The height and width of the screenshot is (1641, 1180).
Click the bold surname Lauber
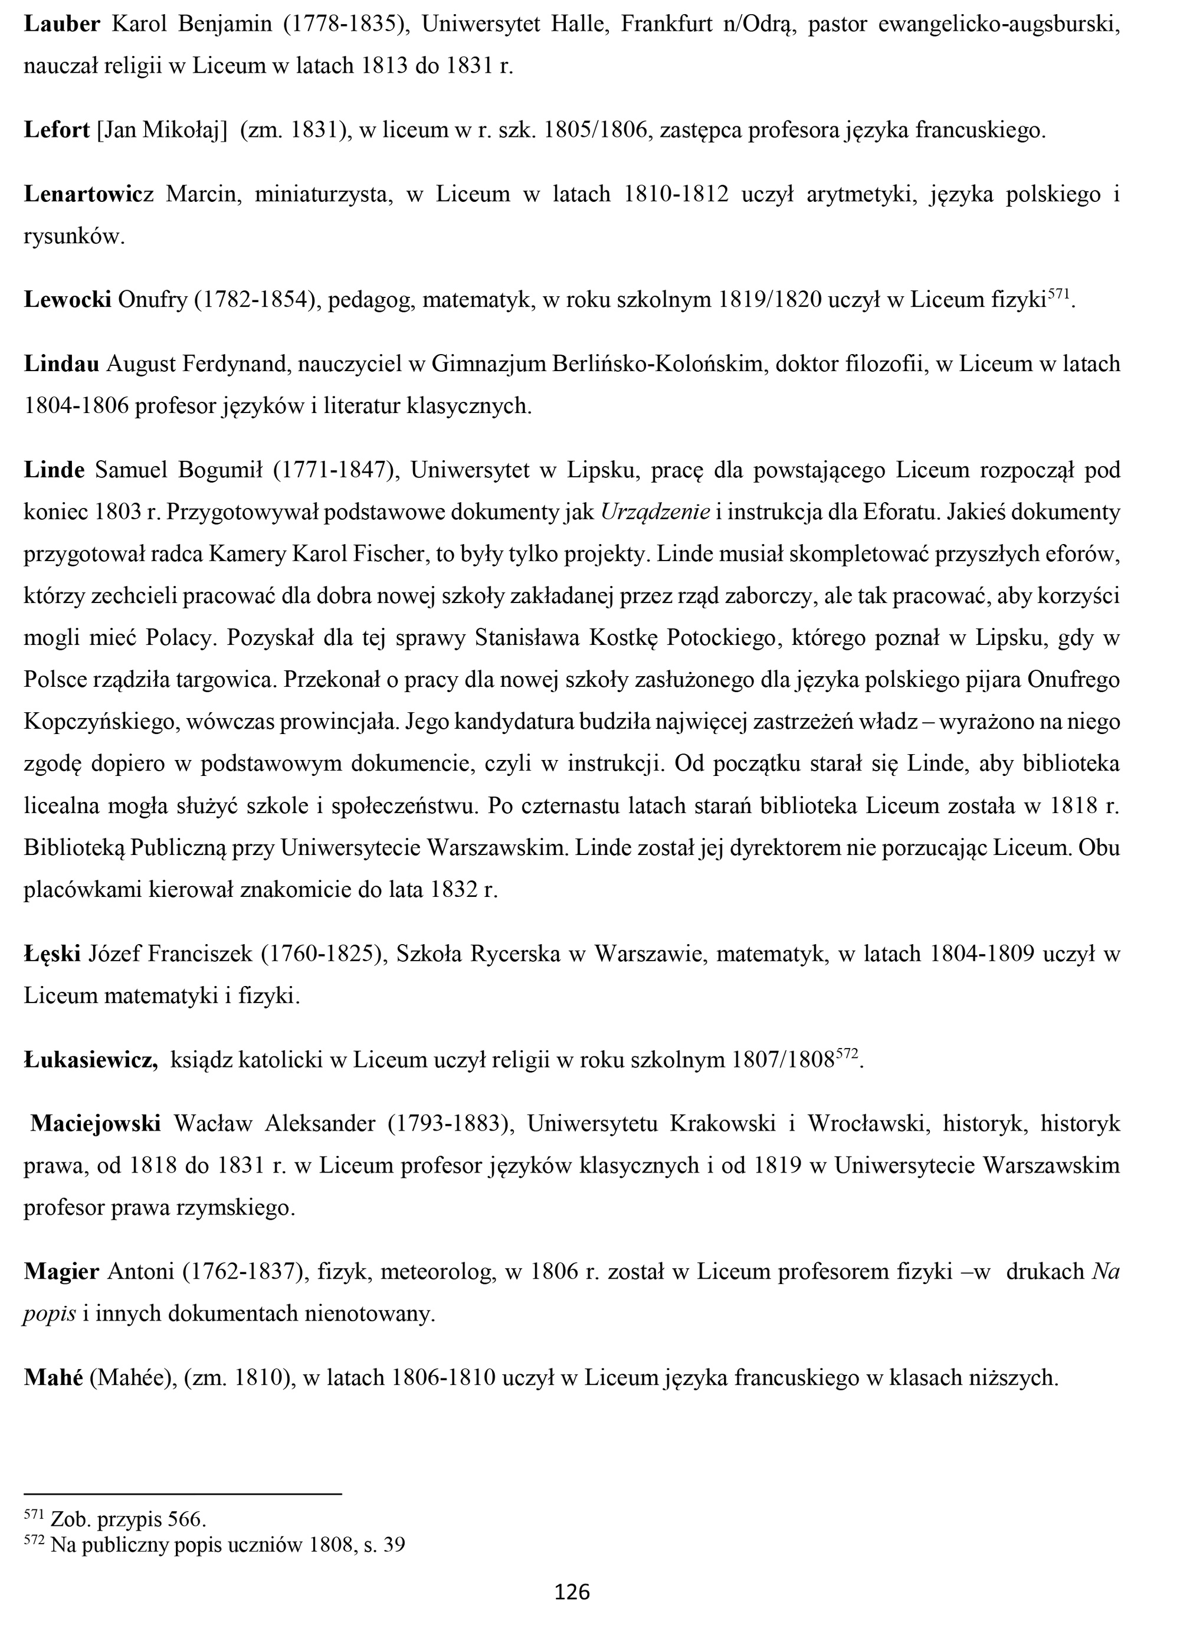[x=62, y=25]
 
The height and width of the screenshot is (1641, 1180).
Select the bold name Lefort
[x=57, y=130]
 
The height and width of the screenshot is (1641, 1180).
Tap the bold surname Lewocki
[x=67, y=300]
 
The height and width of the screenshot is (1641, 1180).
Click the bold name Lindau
[x=61, y=364]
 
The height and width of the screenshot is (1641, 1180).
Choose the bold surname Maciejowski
[x=96, y=1124]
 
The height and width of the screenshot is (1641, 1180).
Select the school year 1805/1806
[x=595, y=130]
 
